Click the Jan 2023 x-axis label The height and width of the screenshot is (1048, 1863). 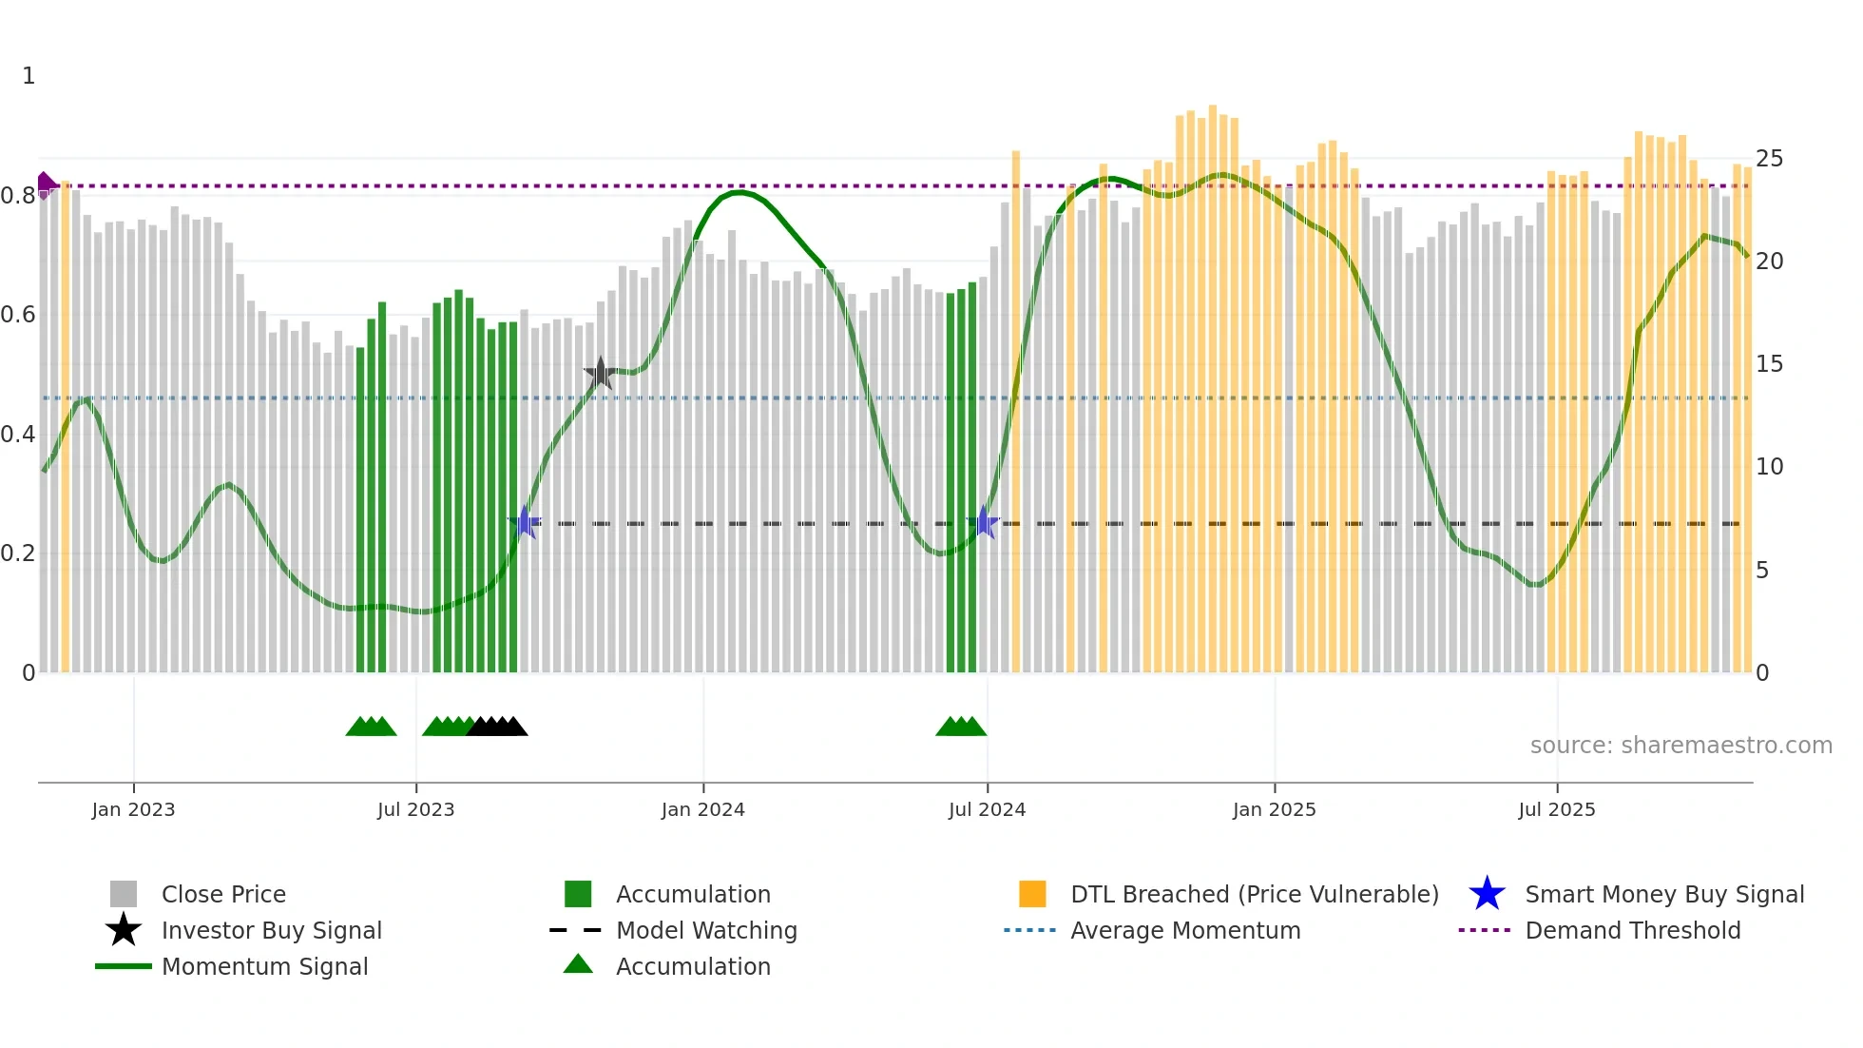tap(133, 809)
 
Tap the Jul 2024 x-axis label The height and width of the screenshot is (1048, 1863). tap(987, 809)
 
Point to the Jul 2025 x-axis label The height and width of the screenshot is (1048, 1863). tap(1556, 809)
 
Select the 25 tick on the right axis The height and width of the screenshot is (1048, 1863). tap(1769, 159)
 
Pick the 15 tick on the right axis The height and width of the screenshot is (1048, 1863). tap(1769, 364)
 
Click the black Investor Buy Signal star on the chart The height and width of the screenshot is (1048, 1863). tap(600, 374)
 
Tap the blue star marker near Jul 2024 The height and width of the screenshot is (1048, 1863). tap(986, 523)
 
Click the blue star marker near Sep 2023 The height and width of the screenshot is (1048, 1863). tap(525, 522)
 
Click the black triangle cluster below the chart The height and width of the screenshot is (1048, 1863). tap(497, 727)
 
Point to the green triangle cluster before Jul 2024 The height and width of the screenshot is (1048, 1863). tap(961, 727)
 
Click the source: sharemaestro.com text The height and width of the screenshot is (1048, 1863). tap(1681, 746)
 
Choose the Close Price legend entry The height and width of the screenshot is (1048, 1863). tap(223, 894)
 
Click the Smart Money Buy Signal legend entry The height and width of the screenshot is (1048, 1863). tap(1663, 894)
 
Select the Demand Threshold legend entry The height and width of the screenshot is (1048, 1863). tap(1632, 930)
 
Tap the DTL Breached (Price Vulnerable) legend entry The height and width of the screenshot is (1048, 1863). tap(1254, 894)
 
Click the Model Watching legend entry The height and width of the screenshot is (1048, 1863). tap(705, 930)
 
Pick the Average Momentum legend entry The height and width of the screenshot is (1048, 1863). tap(1184, 930)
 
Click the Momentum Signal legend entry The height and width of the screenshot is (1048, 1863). tap(264, 966)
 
